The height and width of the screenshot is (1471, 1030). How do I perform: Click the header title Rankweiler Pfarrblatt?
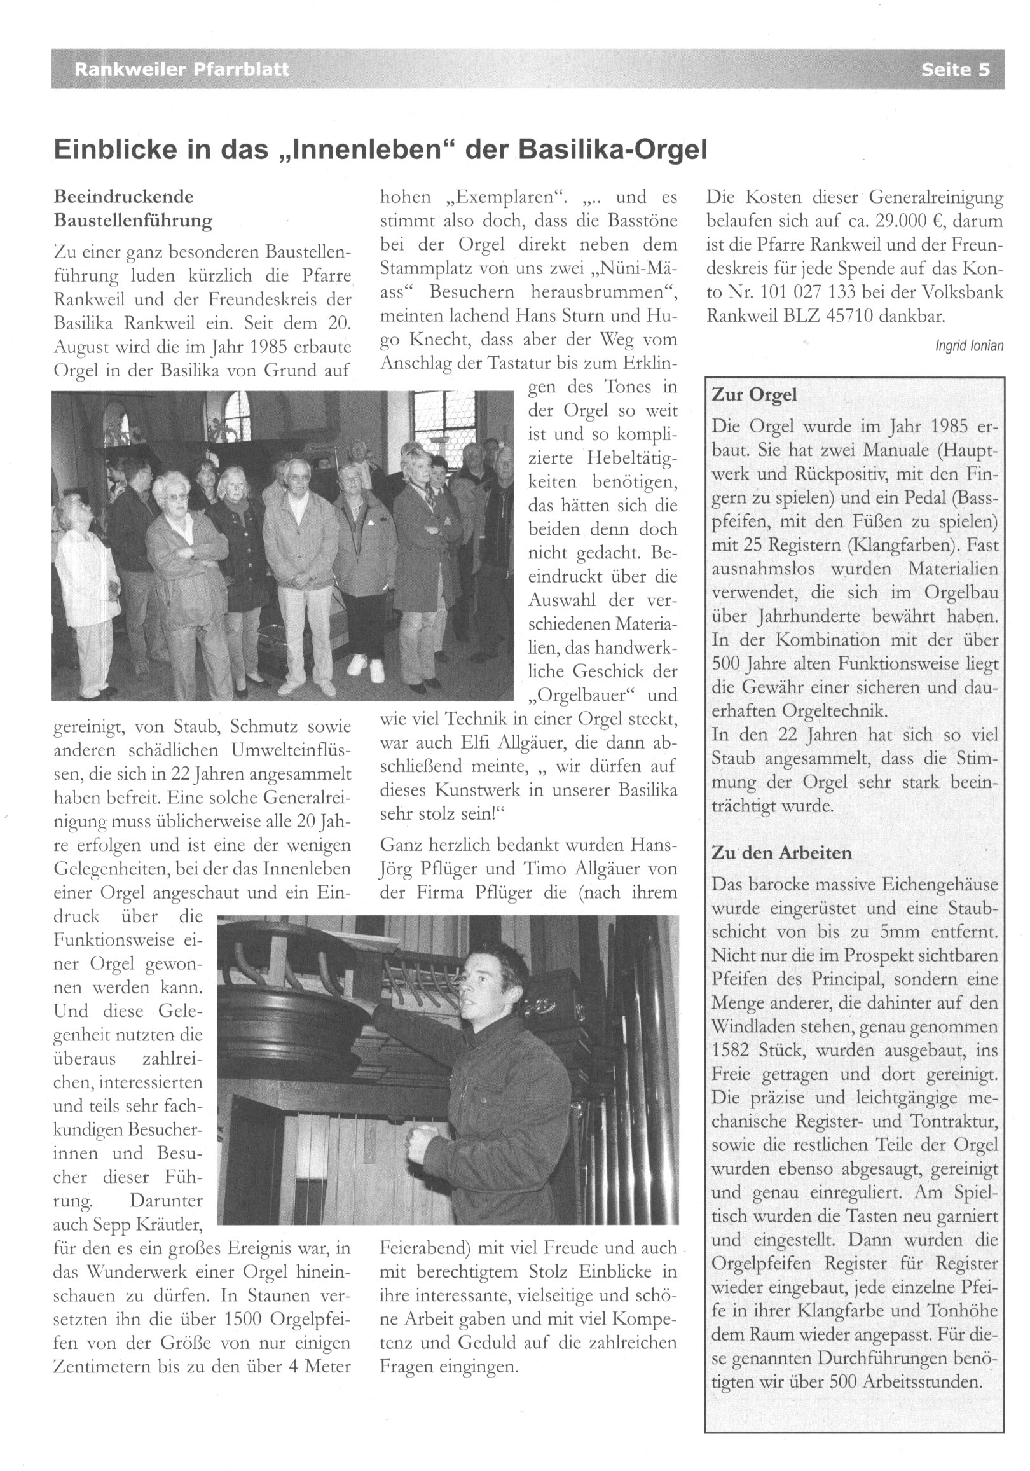[x=181, y=69]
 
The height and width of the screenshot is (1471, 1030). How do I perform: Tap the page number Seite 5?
[x=955, y=69]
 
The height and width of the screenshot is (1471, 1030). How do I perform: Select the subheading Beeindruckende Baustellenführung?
[x=134, y=208]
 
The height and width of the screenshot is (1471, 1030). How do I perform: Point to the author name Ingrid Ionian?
[x=969, y=346]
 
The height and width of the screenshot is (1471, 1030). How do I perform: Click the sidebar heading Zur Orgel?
[x=754, y=395]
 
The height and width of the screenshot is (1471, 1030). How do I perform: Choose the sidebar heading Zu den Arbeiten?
[x=781, y=853]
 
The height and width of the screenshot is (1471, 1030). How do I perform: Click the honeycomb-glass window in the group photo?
[x=444, y=420]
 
